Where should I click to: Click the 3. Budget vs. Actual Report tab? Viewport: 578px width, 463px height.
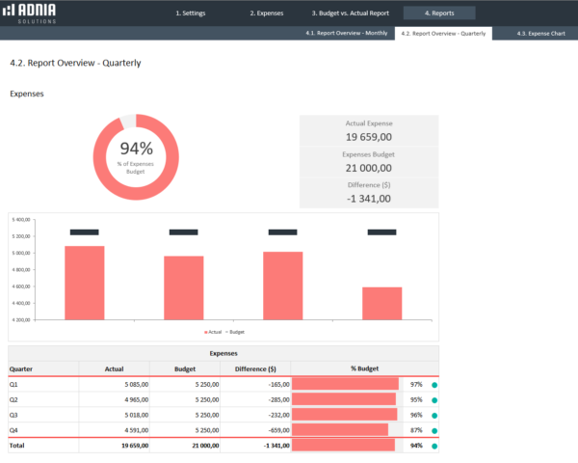click(x=349, y=14)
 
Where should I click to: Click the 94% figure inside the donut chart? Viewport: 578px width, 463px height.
click(x=136, y=148)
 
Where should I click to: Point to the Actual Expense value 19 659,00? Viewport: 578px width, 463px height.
click(x=369, y=138)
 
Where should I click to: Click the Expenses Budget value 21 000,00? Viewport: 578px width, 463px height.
click(x=369, y=168)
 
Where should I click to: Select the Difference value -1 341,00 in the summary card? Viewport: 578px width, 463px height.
click(x=369, y=199)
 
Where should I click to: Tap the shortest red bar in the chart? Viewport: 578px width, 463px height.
click(x=382, y=303)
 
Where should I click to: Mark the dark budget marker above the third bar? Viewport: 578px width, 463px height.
click(x=282, y=231)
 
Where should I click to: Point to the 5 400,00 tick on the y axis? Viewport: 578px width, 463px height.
click(x=21, y=220)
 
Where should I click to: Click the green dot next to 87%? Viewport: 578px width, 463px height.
click(x=434, y=429)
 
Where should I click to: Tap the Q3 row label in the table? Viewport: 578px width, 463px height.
click(x=14, y=414)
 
